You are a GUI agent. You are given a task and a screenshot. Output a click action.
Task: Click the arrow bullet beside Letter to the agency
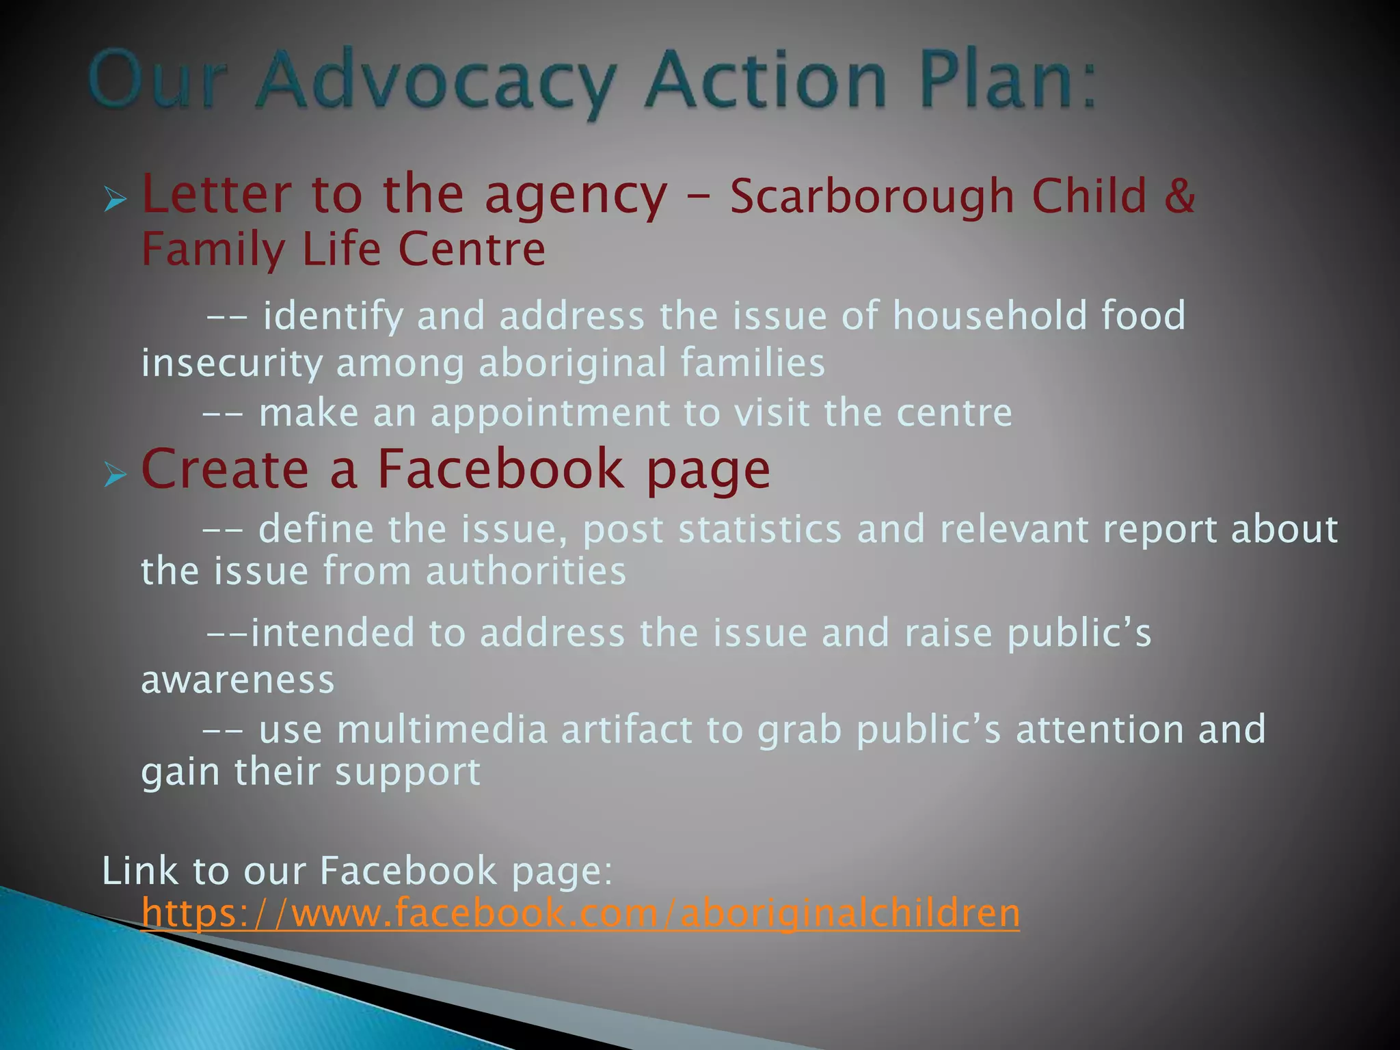point(116,200)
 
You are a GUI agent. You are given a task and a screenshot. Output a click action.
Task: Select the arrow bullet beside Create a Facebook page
point(116,474)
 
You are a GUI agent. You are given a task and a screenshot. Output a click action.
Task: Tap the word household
point(989,316)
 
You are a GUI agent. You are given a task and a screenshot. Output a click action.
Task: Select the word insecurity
point(232,363)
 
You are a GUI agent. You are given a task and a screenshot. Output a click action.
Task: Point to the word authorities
point(526,571)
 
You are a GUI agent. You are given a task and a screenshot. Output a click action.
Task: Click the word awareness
point(238,680)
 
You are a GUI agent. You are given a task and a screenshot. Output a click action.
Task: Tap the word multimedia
point(442,729)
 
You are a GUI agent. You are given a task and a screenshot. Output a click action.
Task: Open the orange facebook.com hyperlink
point(580,913)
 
